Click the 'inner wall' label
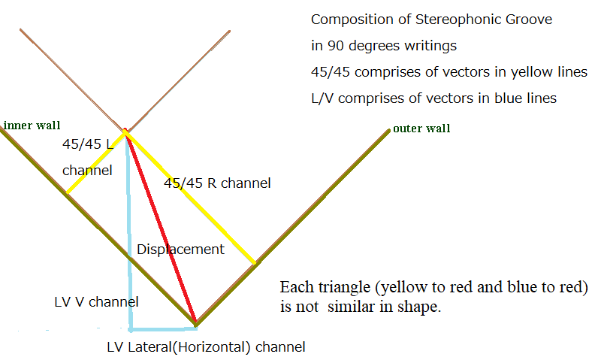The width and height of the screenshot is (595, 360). (32, 126)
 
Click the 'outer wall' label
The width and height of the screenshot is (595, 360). (421, 129)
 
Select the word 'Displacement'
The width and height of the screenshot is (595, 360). (180, 250)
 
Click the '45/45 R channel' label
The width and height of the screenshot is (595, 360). (217, 183)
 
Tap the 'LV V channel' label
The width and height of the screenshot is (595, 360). (96, 302)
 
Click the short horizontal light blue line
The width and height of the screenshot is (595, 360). (162, 328)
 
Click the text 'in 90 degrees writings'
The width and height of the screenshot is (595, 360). (383, 46)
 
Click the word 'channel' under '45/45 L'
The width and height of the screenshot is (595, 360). (87, 171)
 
